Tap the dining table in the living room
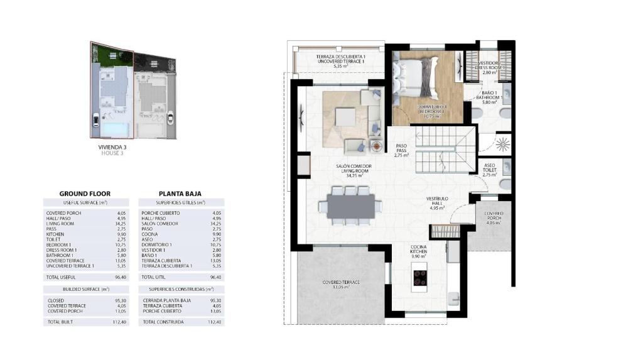tap(350, 206)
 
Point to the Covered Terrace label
tap(341, 285)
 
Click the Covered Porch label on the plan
tap(493, 217)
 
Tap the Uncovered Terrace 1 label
tap(340, 61)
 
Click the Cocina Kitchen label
tap(419, 252)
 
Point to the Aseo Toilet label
tap(490, 170)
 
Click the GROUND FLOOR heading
tap(85, 194)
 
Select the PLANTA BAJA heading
tap(180, 194)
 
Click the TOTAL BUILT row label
tap(60, 322)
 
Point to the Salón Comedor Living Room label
tap(356, 171)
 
